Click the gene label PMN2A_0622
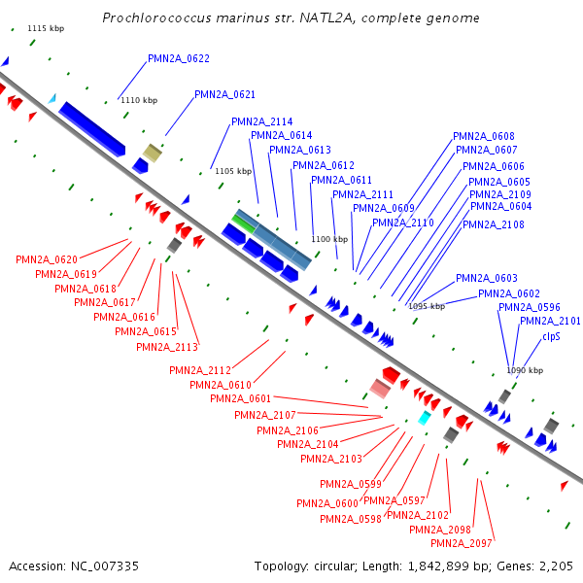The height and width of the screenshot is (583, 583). [x=179, y=58]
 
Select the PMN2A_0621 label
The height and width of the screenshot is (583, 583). [x=224, y=95]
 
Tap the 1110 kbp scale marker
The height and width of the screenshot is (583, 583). [x=139, y=100]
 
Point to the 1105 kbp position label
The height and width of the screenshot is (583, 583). [x=233, y=171]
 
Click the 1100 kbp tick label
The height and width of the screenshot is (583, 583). [x=329, y=239]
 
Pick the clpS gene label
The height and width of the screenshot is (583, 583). [x=551, y=337]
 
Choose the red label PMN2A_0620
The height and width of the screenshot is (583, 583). [x=47, y=259]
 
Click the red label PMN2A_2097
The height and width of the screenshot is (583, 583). [x=462, y=543]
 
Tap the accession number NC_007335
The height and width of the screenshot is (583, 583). [x=105, y=566]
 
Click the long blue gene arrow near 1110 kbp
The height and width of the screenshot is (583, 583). [x=92, y=128]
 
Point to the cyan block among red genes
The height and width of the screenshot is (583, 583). [x=425, y=418]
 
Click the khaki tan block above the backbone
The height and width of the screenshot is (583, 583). [x=153, y=153]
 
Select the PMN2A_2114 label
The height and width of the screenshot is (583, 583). [x=261, y=122]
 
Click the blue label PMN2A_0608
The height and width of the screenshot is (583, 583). [x=483, y=136]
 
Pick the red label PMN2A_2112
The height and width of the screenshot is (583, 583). [x=200, y=371]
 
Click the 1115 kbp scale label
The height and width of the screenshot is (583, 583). [x=46, y=28]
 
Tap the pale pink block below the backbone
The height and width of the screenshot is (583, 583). [x=380, y=389]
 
